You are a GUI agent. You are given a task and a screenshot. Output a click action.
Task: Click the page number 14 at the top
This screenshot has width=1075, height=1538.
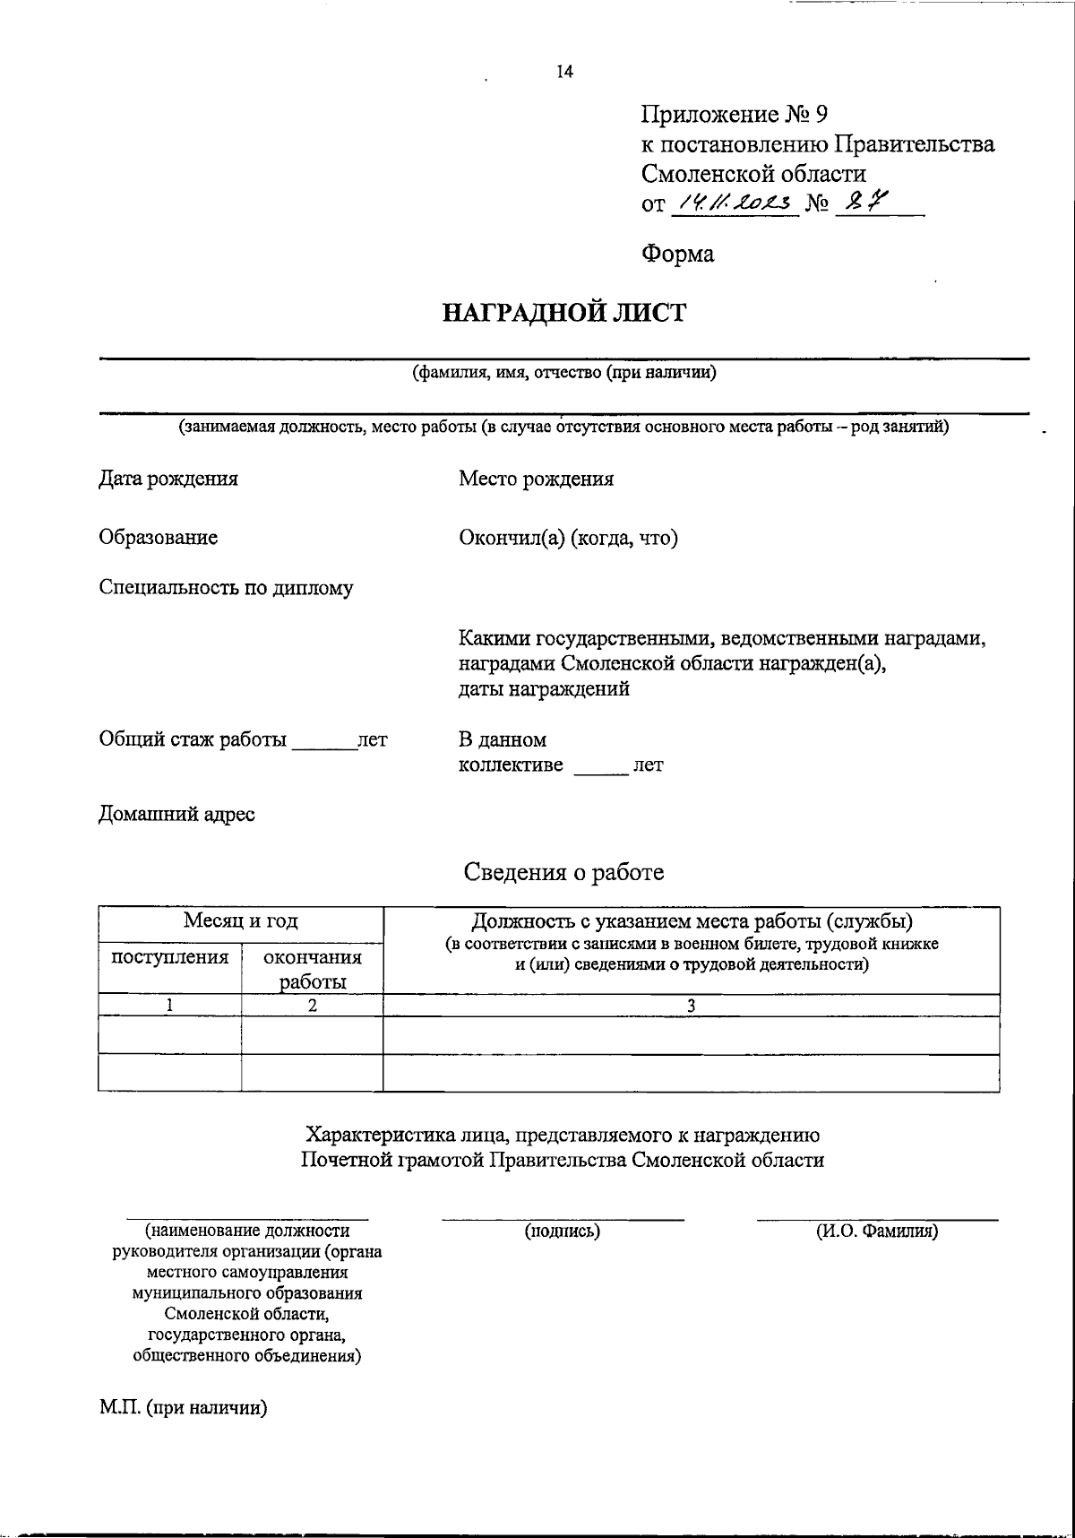coord(564,73)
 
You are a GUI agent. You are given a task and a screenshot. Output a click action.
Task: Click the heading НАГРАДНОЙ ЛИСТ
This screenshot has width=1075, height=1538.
coord(564,314)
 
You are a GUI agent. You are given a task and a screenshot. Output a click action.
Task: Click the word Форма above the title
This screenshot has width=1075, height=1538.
coord(677,255)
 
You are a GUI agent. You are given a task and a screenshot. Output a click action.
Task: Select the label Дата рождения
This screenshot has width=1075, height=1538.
coord(168,479)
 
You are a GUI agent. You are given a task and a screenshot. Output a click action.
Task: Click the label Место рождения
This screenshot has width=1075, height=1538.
coord(536,479)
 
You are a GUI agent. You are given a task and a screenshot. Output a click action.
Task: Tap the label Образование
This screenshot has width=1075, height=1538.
coord(158,538)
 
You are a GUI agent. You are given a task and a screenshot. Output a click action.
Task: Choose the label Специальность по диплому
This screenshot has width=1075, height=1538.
coord(226,589)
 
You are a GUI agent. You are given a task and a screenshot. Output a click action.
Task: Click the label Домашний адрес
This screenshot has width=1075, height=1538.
coord(176,815)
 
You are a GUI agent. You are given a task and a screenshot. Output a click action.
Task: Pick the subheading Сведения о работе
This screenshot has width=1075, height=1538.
coord(563,872)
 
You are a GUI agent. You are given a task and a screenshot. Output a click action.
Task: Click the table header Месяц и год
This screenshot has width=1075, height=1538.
coord(240,921)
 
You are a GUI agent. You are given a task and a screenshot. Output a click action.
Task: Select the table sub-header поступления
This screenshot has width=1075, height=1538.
coord(169,957)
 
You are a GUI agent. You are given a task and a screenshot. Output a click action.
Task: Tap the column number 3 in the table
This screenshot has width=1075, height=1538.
coord(691,1006)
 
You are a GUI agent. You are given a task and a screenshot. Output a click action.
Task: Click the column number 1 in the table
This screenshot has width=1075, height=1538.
coord(169,1006)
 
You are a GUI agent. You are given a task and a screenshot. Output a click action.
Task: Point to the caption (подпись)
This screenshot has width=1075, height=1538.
coord(562,1231)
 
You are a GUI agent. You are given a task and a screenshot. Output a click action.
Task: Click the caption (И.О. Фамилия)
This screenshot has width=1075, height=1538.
coord(876,1231)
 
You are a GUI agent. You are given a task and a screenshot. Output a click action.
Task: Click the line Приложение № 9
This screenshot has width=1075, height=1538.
coord(735,115)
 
